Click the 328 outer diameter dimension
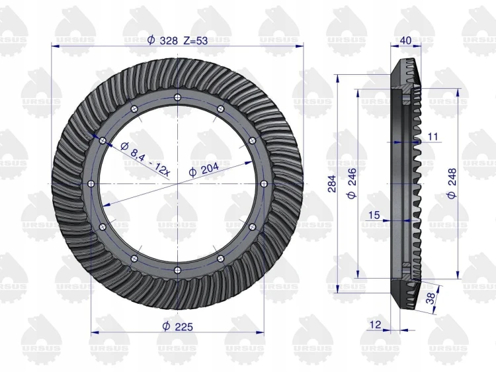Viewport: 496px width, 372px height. point(163,40)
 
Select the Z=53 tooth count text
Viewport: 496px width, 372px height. point(196,40)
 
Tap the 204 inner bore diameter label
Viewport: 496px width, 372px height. point(204,170)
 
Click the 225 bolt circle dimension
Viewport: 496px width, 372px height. point(177,326)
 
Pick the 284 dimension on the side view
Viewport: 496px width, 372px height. point(332,183)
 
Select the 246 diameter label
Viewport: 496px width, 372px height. point(351,183)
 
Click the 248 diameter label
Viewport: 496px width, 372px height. point(452,183)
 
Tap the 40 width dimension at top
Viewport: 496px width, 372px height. point(405,40)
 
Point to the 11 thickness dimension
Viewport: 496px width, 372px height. point(433,136)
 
